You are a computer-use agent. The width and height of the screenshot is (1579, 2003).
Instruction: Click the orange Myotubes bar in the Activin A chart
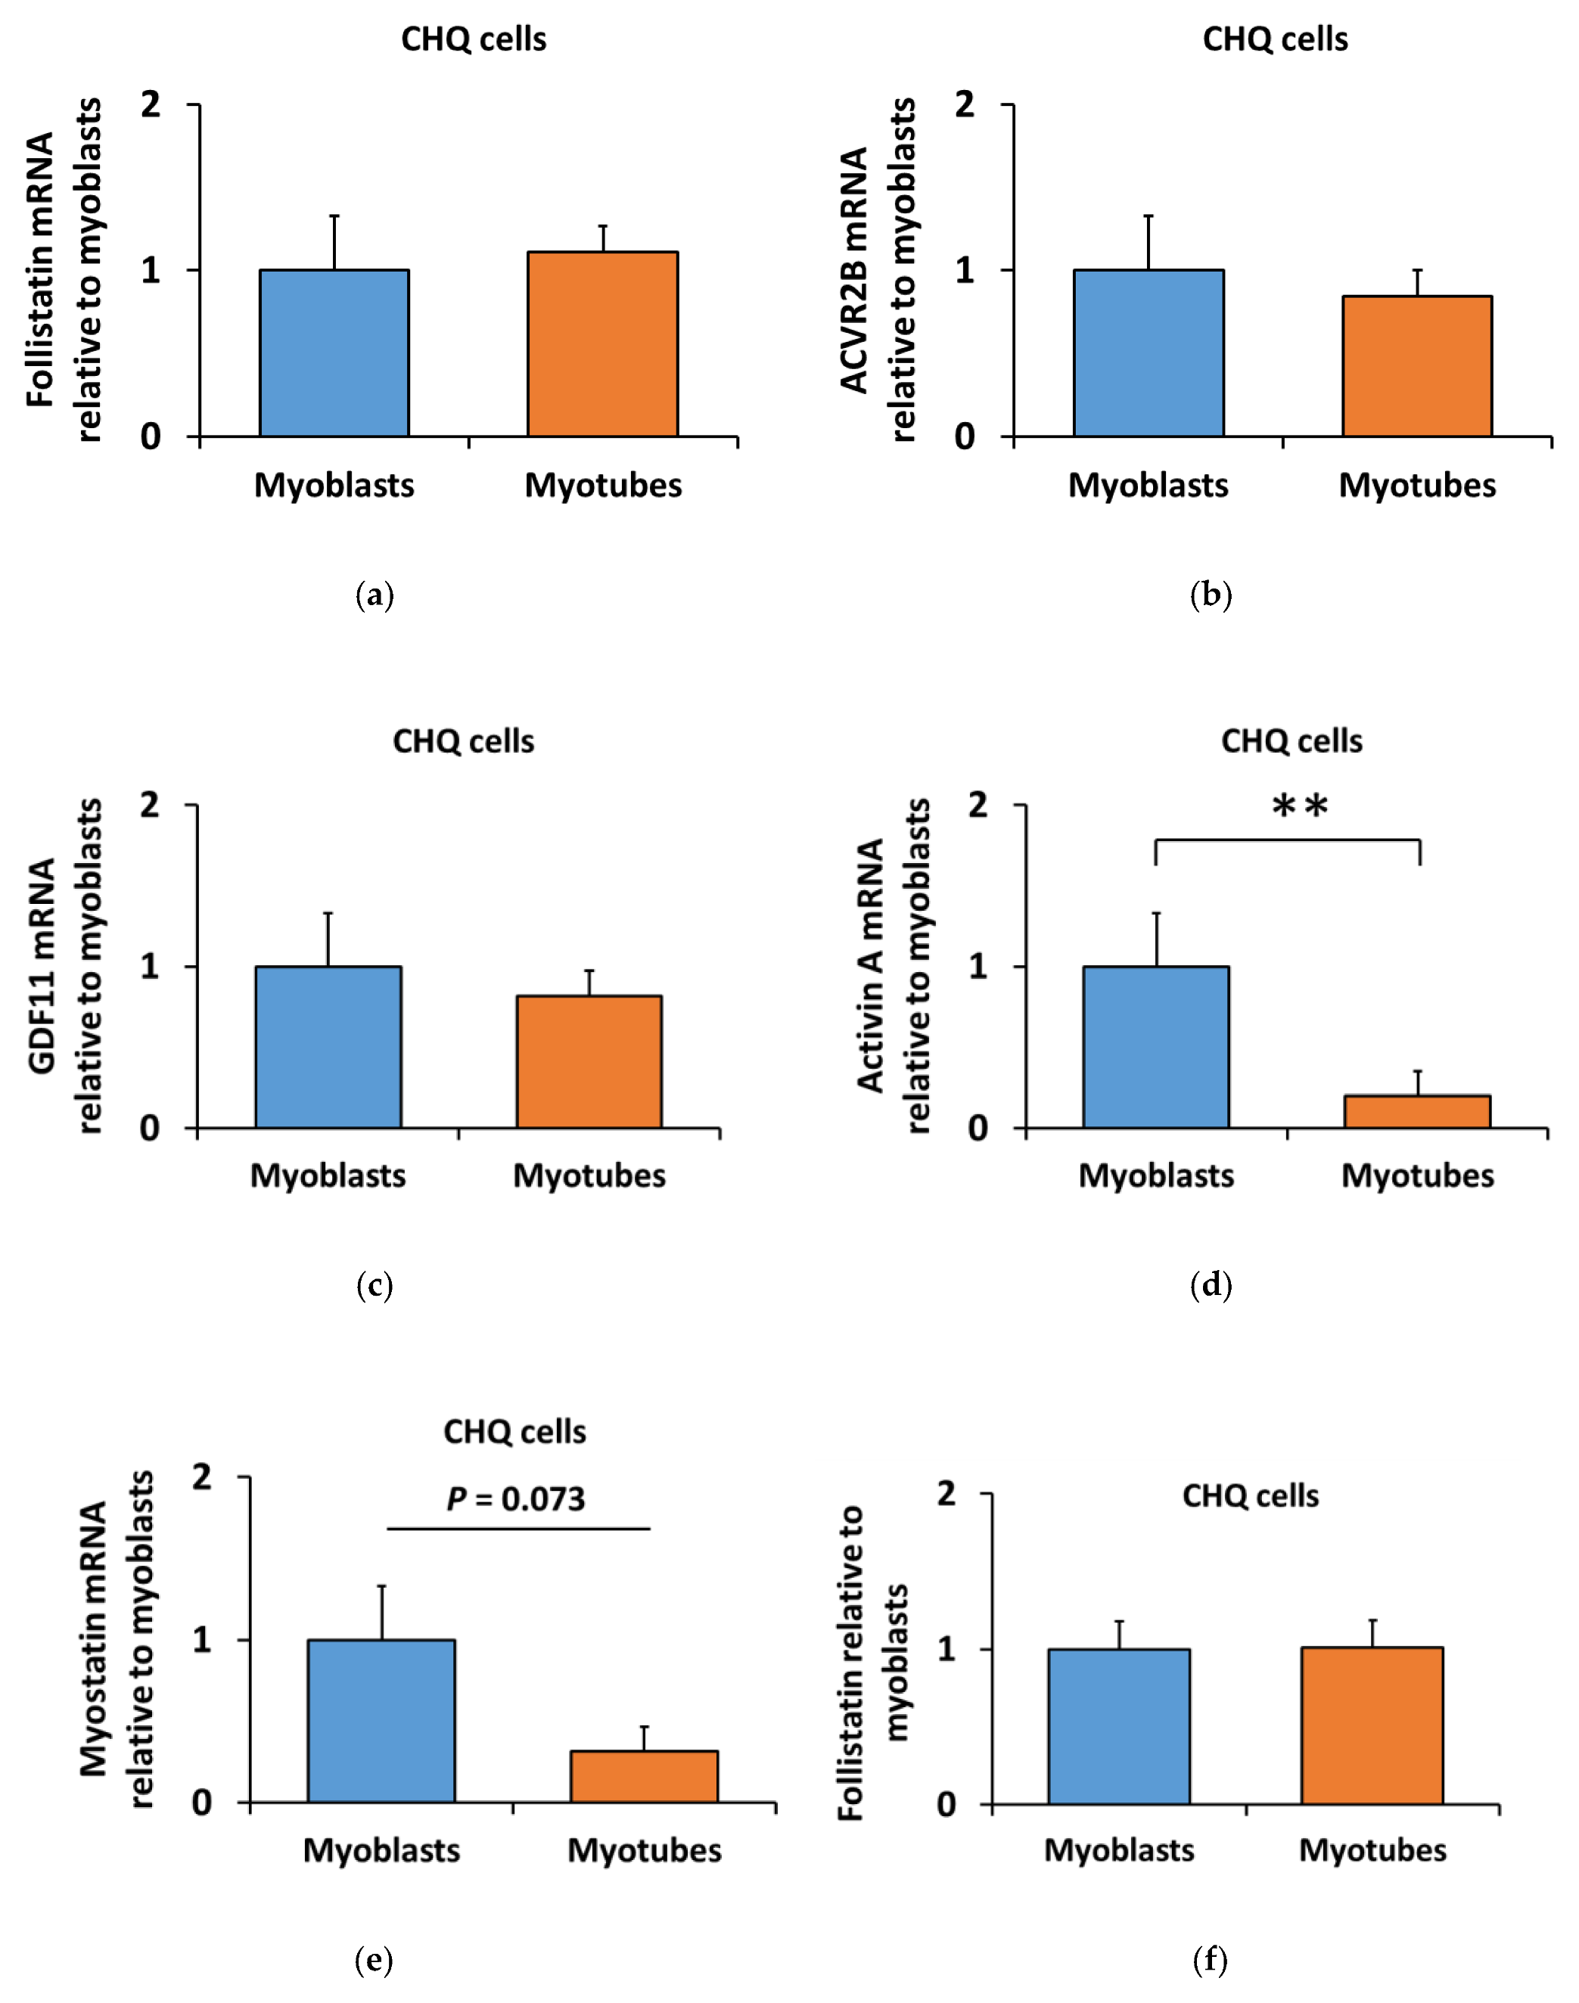1416,1112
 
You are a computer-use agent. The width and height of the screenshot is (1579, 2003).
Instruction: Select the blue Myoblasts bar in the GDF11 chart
328,1047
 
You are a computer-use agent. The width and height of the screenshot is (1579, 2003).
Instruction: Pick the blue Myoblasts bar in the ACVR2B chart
1149,353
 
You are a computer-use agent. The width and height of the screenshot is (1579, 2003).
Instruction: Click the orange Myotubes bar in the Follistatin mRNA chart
603,344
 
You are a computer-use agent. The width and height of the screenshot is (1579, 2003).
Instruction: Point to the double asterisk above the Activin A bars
1300,807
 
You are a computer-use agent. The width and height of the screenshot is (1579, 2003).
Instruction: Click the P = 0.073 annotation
516,1499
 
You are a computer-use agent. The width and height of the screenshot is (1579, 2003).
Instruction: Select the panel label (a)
375,595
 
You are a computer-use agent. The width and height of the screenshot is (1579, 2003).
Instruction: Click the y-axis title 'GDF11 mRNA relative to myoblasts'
65,966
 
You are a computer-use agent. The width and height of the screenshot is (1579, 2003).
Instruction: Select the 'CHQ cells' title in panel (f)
1250,1496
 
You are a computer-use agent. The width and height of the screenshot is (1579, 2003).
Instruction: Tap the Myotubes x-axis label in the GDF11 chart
589,1175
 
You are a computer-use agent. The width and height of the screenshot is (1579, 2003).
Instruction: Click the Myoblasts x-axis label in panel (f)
1118,1849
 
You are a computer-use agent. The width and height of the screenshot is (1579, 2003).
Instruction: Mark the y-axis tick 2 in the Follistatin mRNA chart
151,104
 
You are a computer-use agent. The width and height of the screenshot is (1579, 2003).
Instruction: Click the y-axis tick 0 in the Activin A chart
978,1129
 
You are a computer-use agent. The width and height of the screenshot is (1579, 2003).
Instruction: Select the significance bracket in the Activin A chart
1287,841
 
